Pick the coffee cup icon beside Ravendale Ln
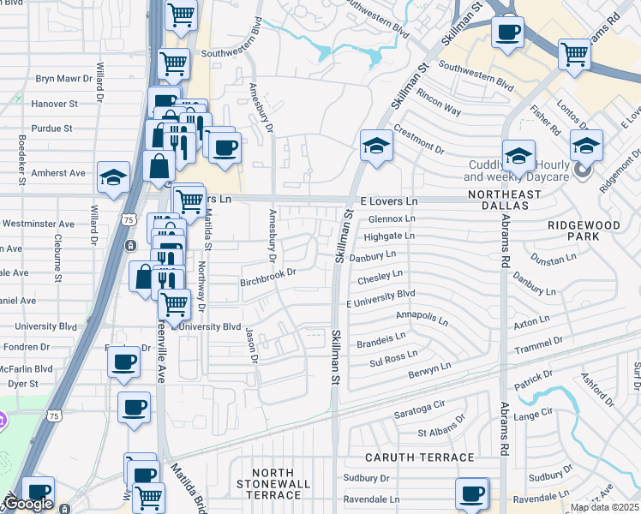coord(472,493)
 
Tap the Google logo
coord(28,503)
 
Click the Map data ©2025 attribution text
coord(605,507)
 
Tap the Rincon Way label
coord(440,109)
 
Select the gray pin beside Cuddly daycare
coord(584,170)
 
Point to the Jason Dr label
coord(251,344)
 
